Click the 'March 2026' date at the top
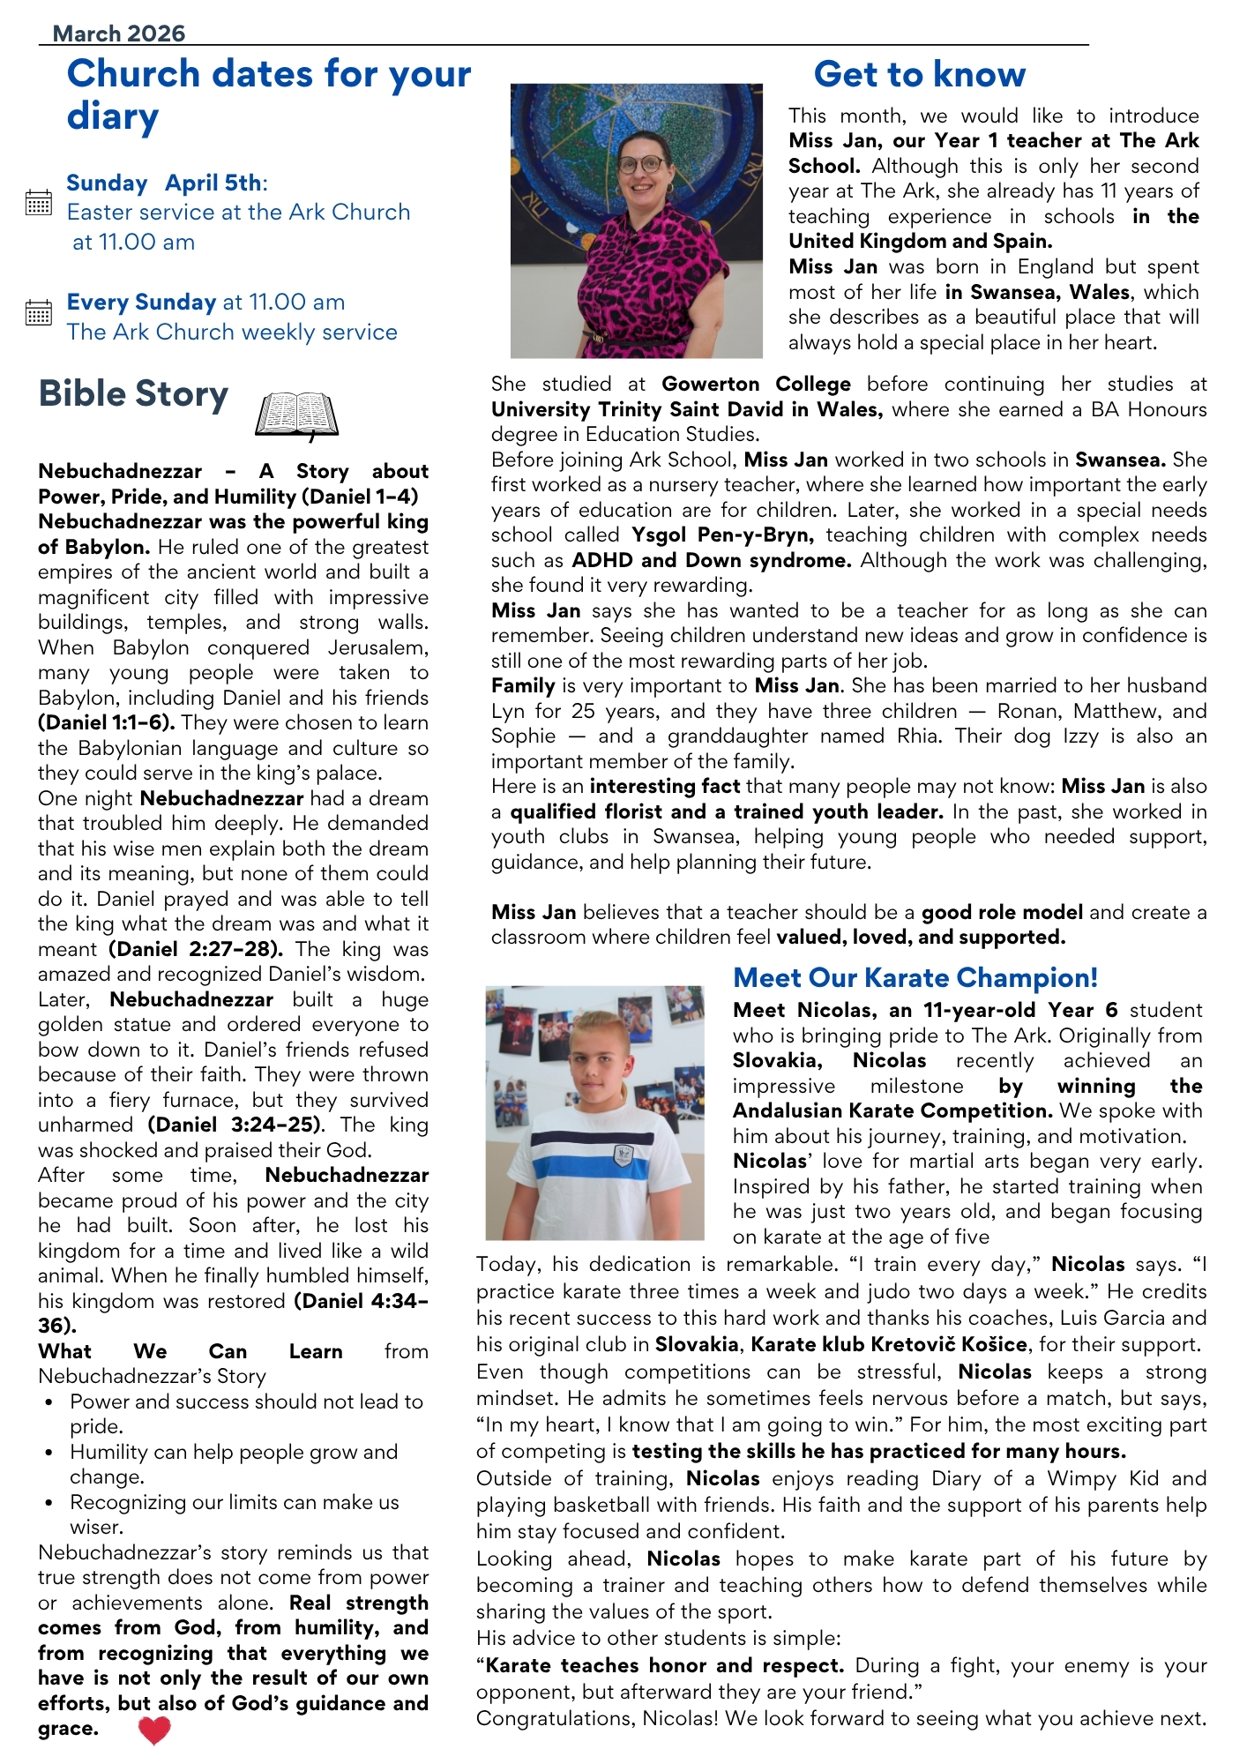[x=119, y=34]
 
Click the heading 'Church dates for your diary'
[x=268, y=94]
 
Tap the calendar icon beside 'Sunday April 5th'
[x=39, y=203]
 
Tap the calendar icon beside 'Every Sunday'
[x=39, y=313]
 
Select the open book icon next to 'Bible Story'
[x=296, y=415]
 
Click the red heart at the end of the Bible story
[x=154, y=1730]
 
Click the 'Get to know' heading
[x=919, y=75]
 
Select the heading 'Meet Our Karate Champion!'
[x=915, y=978]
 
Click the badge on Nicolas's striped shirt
[x=623, y=1154]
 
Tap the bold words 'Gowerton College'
[x=756, y=385]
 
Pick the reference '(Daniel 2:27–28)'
[x=196, y=950]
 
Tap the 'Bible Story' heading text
[x=133, y=394]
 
